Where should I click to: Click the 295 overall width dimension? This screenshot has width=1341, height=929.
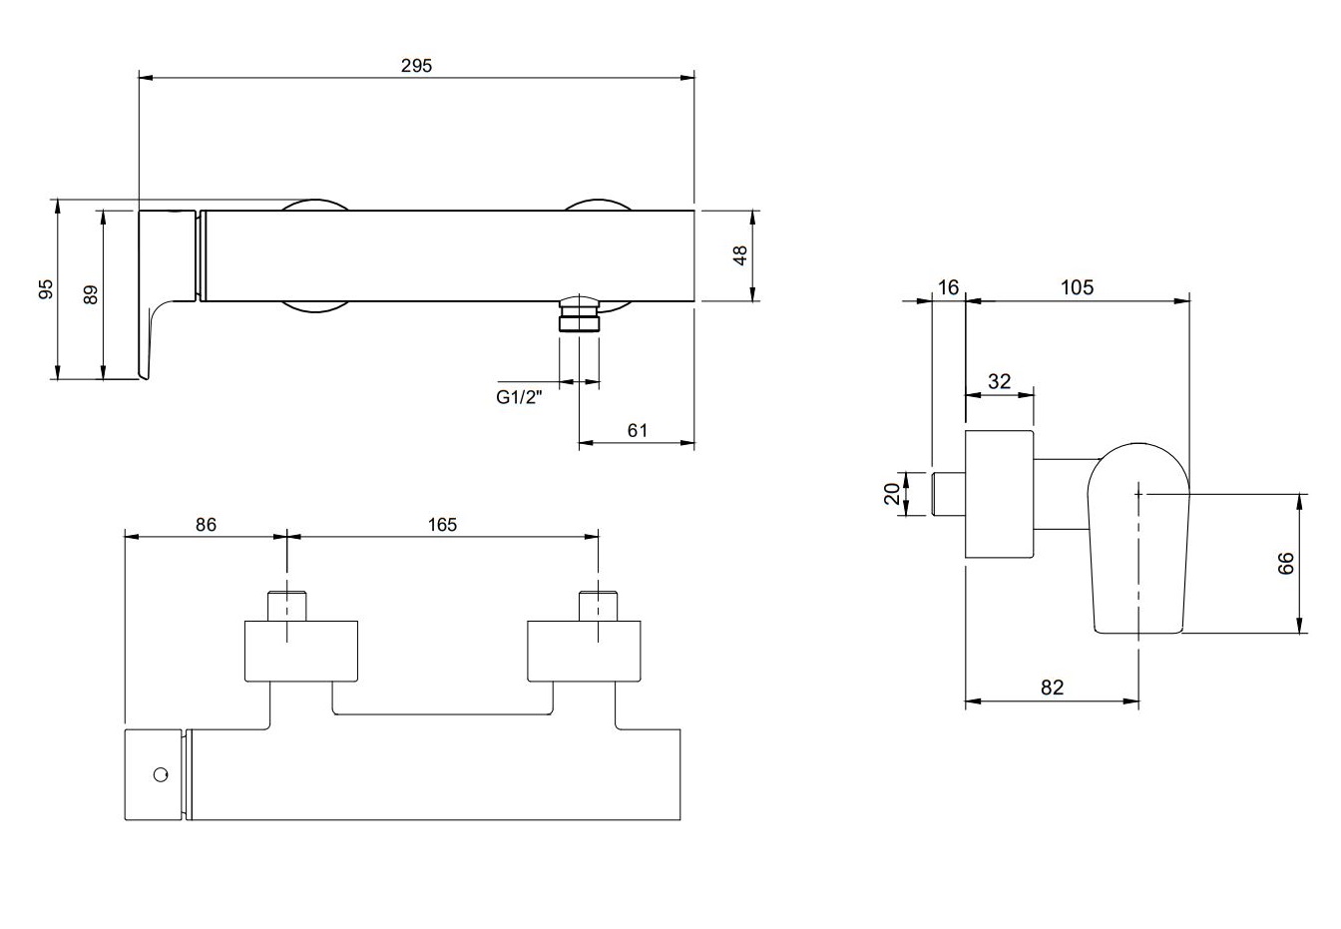coord(417,65)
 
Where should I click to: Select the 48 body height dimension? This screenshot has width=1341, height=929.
coord(740,255)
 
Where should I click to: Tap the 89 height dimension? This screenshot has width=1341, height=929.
coord(90,294)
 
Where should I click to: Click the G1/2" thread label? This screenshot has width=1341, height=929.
coord(518,397)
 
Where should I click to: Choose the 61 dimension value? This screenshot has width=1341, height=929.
coord(638,430)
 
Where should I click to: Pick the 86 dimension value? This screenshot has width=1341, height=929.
coord(206,524)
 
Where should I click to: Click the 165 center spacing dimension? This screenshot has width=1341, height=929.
coord(442,524)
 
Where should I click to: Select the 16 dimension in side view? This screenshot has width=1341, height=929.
coord(948,287)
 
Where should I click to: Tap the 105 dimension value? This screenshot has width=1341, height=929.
coord(1077,287)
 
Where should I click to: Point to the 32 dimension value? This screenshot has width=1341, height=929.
coord(999,381)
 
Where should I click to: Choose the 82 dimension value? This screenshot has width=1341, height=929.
coord(1052,688)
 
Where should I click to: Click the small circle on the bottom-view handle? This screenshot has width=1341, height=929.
coord(159,774)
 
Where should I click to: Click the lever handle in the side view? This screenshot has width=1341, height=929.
coord(1139,539)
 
